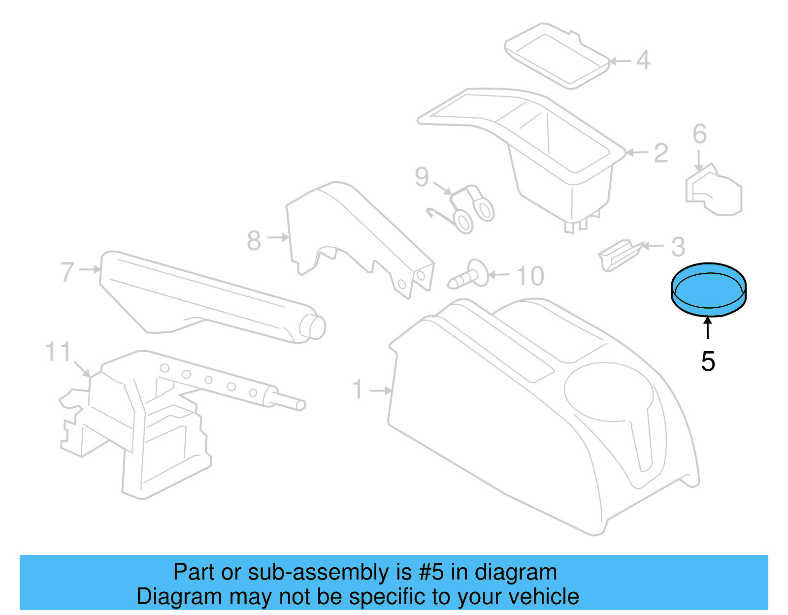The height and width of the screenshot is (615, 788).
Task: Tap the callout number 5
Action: [708, 362]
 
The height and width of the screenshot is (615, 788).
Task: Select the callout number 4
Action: [643, 60]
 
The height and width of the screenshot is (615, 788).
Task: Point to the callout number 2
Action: [661, 153]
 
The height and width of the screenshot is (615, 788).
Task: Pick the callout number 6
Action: [699, 134]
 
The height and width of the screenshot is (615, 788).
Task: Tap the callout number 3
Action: [678, 247]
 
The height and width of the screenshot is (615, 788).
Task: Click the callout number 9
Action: [422, 177]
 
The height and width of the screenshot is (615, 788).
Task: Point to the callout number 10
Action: [530, 276]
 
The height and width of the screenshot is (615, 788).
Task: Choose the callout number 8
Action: [254, 240]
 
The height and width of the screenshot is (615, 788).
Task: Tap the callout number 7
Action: [67, 272]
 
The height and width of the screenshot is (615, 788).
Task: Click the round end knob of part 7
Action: [313, 326]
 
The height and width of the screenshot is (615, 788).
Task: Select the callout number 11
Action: [58, 353]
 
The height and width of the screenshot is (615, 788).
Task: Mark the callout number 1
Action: [358, 389]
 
